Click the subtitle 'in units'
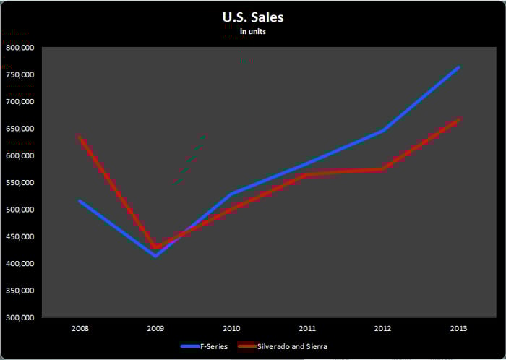click(253, 32)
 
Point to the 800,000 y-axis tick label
click(21, 48)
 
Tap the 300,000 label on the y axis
click(21, 318)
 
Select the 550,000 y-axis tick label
click(21, 183)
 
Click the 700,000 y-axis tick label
click(21, 102)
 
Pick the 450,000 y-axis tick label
click(21, 237)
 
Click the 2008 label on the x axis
click(80, 329)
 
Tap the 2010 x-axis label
click(231, 329)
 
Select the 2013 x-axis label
click(458, 329)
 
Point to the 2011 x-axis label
click(306, 329)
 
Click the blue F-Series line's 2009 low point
click(155, 256)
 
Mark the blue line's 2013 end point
click(458, 67)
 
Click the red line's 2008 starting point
click(80, 137)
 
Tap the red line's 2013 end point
click(458, 119)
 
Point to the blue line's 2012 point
click(382, 131)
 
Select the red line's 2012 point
click(382, 170)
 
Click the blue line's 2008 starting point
click(80, 201)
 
